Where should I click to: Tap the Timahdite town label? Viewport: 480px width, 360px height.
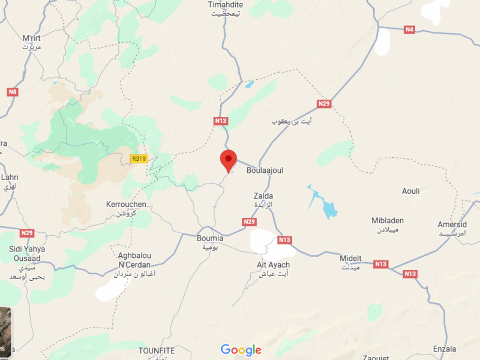pyautogui.click(x=225, y=5)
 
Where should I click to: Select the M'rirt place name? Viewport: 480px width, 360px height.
pyautogui.click(x=31, y=38)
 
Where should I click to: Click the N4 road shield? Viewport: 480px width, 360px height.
pyautogui.click(x=409, y=29)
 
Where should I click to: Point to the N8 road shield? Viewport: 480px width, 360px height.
pyautogui.click(x=13, y=92)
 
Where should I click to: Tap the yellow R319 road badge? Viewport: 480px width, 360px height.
pyautogui.click(x=139, y=158)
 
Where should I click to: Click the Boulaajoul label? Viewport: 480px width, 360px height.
pyautogui.click(x=265, y=170)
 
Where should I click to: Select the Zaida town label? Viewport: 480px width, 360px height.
pyautogui.click(x=263, y=196)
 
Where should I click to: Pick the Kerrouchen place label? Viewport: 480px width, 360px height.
pyautogui.click(x=126, y=205)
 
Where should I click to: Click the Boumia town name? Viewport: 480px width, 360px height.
pyautogui.click(x=210, y=238)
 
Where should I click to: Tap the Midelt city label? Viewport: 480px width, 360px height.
pyautogui.click(x=351, y=259)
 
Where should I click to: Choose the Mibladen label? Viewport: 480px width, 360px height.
pyautogui.click(x=388, y=220)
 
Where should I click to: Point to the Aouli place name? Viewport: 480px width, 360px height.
pyautogui.click(x=410, y=191)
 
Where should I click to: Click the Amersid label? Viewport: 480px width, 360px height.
pyautogui.click(x=452, y=224)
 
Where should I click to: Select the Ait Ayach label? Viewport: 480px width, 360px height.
pyautogui.click(x=273, y=265)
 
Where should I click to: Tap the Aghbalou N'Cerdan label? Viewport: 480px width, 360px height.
pyautogui.click(x=134, y=260)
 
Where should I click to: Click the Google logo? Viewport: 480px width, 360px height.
pyautogui.click(x=241, y=350)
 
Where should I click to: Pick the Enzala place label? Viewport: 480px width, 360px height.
pyautogui.click(x=444, y=349)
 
